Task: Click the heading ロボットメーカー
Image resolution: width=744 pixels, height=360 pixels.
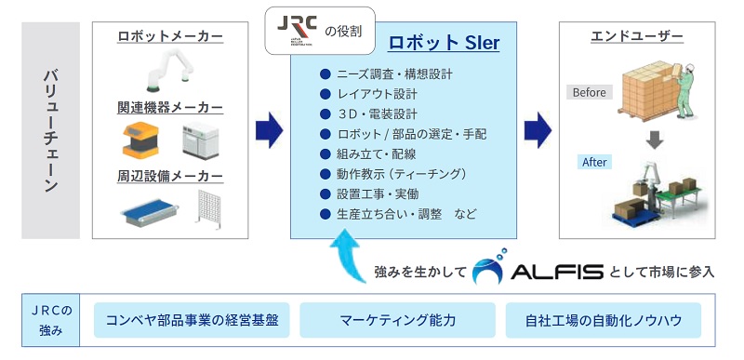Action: click(170, 36)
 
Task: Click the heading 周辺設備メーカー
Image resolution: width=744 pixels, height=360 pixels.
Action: click(170, 176)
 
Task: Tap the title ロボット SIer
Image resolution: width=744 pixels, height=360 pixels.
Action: click(444, 44)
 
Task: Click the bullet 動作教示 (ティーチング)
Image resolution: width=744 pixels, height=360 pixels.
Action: click(401, 174)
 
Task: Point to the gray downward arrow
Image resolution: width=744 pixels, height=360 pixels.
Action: click(656, 140)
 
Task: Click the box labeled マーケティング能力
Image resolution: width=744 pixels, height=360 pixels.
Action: click(397, 321)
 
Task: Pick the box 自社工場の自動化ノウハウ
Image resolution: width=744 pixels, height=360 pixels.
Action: click(604, 321)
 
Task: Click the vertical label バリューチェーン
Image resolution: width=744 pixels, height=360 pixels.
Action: click(51, 130)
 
